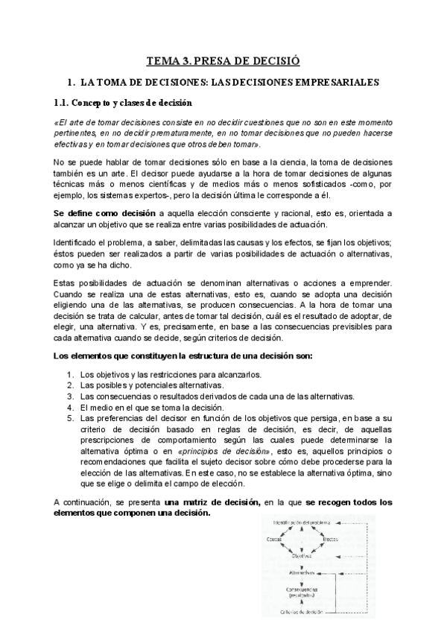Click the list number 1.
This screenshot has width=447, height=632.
(x=69, y=374)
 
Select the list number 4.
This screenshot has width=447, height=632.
(x=69, y=408)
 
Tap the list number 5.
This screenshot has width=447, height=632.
(x=69, y=419)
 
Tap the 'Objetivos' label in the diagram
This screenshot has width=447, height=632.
(x=302, y=555)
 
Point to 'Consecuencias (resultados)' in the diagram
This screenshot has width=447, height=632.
(x=302, y=592)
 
